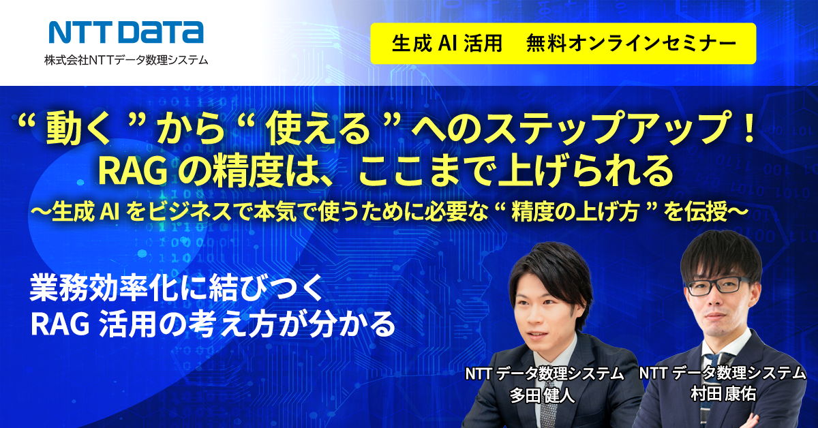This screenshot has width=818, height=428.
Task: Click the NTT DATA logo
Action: (x=126, y=33)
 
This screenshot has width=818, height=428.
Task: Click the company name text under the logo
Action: (x=126, y=60)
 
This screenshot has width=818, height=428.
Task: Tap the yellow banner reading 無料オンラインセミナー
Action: (x=563, y=44)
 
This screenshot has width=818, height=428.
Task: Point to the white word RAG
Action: (x=60, y=324)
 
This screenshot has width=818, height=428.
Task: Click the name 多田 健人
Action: (x=542, y=395)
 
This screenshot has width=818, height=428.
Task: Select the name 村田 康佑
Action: (x=723, y=394)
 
